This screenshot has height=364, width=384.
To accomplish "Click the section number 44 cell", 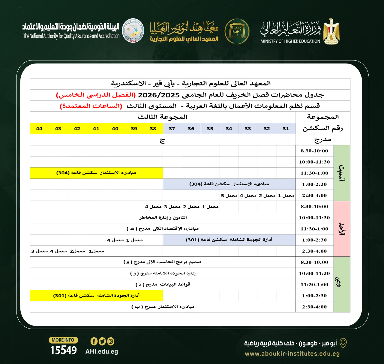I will click(x=39, y=129).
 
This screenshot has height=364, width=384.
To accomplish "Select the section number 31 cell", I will click(x=286, y=129).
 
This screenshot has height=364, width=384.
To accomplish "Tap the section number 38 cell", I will click(x=153, y=129).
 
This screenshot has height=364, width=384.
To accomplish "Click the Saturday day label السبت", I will click(x=342, y=173).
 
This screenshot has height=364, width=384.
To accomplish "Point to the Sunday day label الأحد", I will click(x=342, y=228).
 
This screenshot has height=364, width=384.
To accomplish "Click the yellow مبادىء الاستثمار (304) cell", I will click(x=96, y=173).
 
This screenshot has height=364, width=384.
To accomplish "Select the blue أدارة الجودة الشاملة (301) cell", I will click(x=229, y=240).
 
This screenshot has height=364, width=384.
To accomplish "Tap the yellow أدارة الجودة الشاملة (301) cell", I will click(x=96, y=296).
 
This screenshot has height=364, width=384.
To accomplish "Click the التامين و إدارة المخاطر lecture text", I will click(x=163, y=218).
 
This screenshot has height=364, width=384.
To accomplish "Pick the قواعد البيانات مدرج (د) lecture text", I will click(x=163, y=284).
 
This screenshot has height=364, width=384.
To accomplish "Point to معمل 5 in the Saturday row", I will click(x=229, y=195).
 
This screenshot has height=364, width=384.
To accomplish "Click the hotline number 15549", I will click(x=64, y=350).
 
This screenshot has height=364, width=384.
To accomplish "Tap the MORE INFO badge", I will click(x=63, y=340).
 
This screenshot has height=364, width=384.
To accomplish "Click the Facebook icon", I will click(x=94, y=341).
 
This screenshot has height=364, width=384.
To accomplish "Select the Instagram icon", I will click(x=111, y=341).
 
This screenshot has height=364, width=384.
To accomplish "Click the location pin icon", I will click(x=343, y=343).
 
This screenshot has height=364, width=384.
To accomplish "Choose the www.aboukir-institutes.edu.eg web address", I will click(x=292, y=354).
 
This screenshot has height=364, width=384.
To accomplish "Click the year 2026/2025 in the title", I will click(x=159, y=95).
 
